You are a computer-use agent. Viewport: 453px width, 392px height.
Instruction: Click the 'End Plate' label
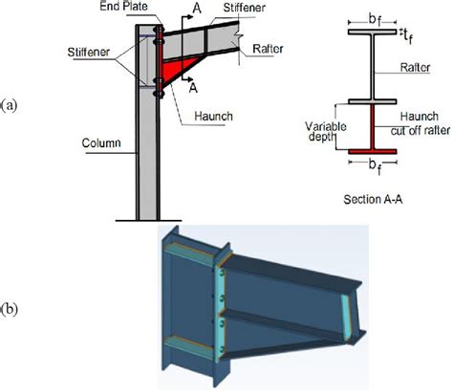point(137,7)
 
